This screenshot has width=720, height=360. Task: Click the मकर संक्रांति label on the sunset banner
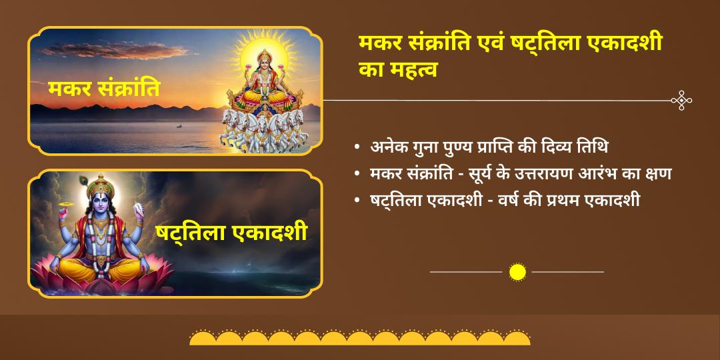pos(104,88)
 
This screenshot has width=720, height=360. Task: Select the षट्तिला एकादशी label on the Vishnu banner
pos(231,233)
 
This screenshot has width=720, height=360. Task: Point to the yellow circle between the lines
pos(517,272)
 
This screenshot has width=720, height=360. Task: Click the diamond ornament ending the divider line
pos(681,101)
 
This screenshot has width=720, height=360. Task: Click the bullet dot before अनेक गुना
pos(359,147)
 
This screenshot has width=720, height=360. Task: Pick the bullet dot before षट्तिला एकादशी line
pos(359,201)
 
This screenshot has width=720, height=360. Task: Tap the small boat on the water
pos(178,125)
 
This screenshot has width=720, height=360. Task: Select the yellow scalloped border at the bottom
pos(360,338)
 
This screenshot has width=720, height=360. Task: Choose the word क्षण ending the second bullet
pos(657,173)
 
